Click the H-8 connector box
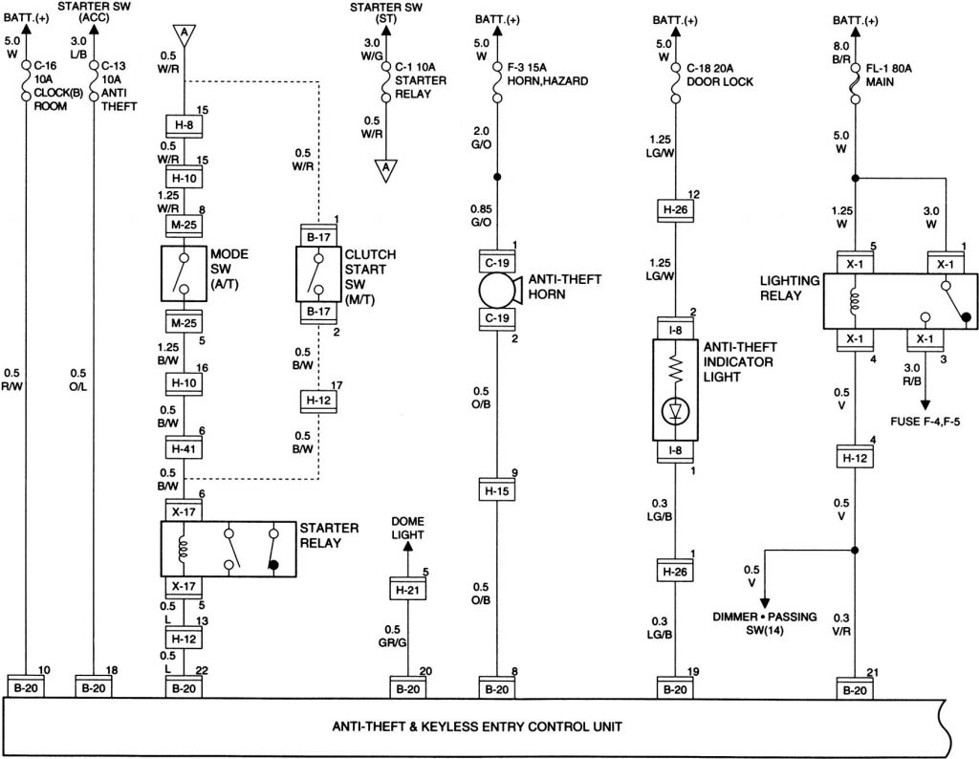click(184, 124)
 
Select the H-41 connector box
click(184, 447)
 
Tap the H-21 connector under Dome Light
click(407, 590)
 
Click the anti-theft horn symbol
click(498, 289)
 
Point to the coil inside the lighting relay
click(853, 302)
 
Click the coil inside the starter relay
click(184, 550)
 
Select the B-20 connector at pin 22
click(184, 687)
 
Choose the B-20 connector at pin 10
click(25, 687)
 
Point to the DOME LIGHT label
click(407, 529)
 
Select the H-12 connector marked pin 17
click(315, 399)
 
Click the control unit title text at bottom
click(477, 726)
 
